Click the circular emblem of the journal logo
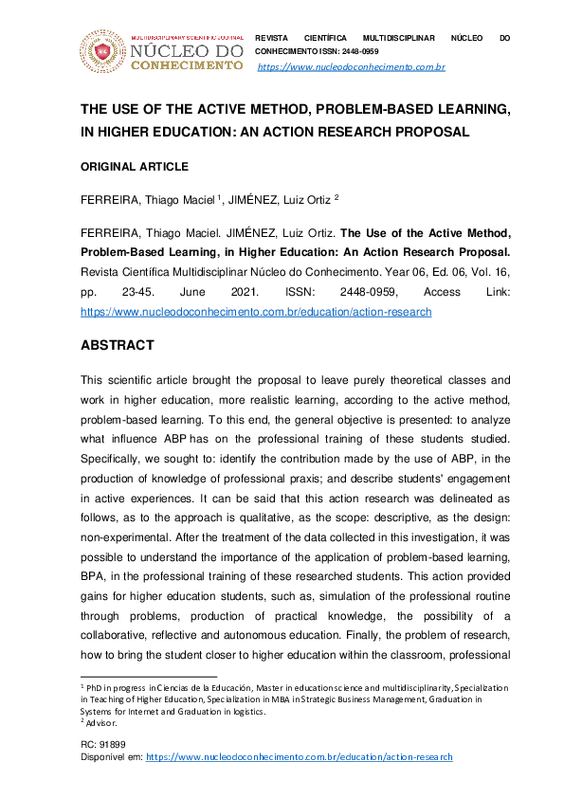point(100,51)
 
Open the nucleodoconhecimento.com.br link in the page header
point(351,68)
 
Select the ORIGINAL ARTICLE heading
point(134,167)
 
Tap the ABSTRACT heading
point(117,345)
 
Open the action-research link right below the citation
point(256,311)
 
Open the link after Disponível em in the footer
point(299,757)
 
